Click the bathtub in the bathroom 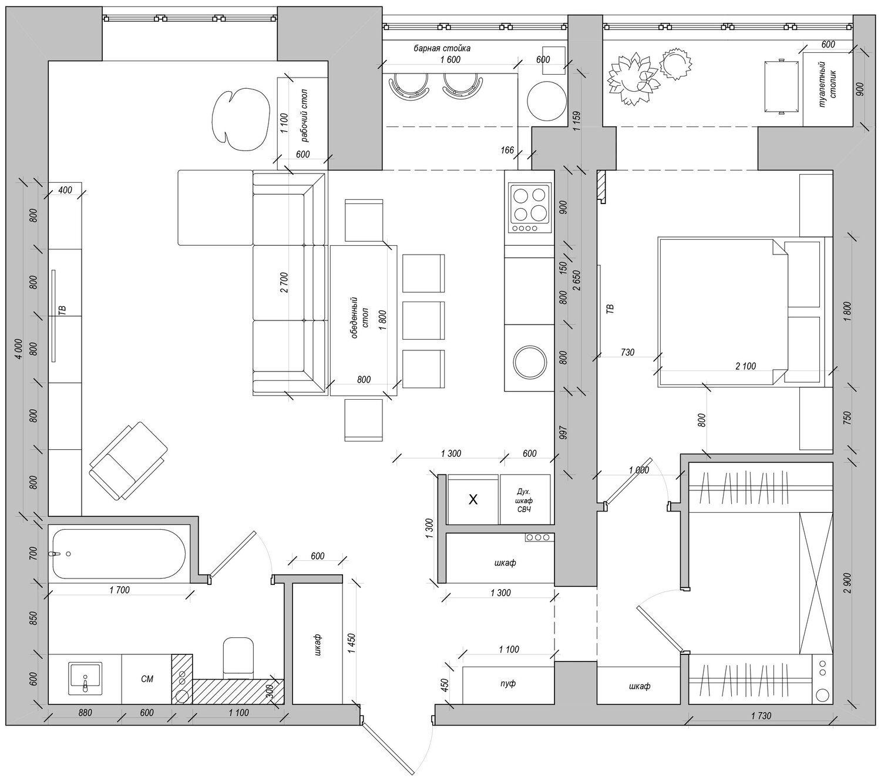[119, 553]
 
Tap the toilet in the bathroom [238, 658]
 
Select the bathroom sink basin [85, 678]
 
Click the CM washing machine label [147, 679]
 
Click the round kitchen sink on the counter [530, 362]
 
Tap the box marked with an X [473, 500]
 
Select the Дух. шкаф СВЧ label [524, 500]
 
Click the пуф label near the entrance [508, 683]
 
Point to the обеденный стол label [359, 318]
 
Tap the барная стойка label [442, 48]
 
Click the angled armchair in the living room [128, 461]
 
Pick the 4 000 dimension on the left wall [19, 350]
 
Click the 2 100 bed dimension [746, 366]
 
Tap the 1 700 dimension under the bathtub [120, 590]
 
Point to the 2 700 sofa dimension [284, 282]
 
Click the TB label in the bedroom [610, 309]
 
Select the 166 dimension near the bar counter [507, 151]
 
